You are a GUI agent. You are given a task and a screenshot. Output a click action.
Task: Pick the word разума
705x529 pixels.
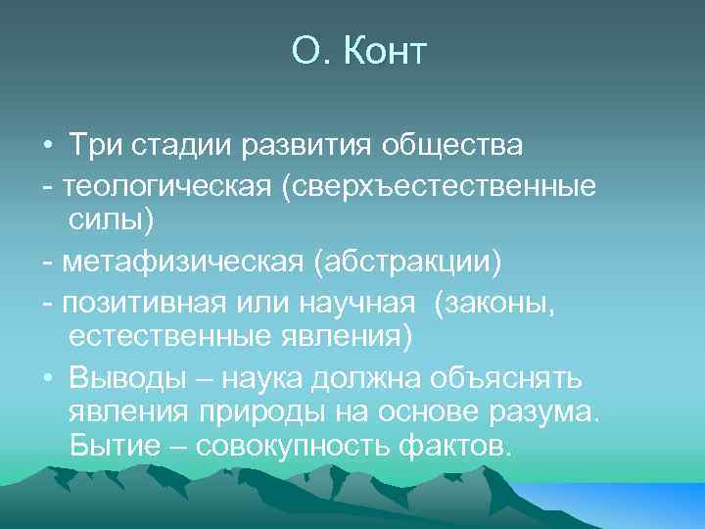(x=541, y=413)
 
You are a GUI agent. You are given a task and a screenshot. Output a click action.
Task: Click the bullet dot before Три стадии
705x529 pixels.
(x=47, y=147)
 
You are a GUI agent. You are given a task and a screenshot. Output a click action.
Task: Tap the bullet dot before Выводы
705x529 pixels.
(x=47, y=377)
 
